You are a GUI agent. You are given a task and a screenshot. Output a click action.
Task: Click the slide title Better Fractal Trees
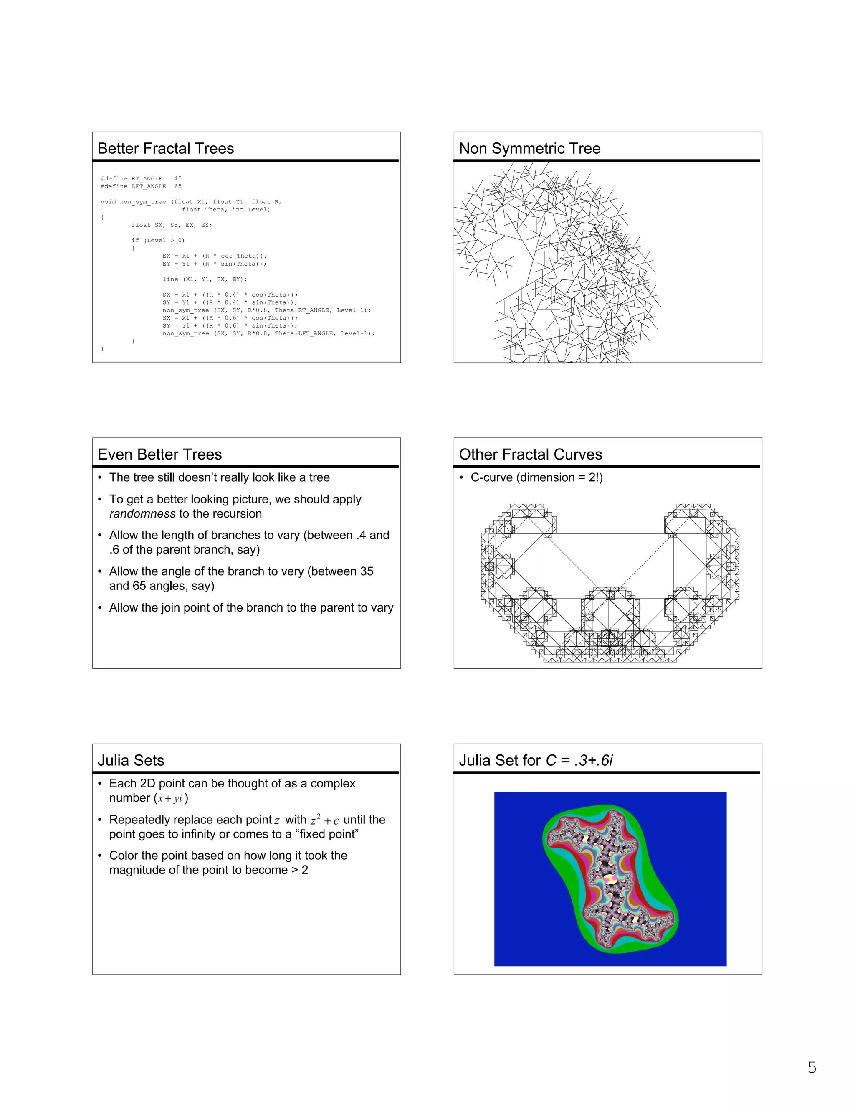click(166, 149)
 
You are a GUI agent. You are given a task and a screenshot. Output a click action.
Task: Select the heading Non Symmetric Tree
click(529, 149)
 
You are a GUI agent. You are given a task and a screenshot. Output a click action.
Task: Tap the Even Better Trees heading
click(159, 454)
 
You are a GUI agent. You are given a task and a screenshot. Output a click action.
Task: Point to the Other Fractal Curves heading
click(530, 454)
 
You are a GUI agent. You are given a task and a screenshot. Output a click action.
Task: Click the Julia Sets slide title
click(131, 760)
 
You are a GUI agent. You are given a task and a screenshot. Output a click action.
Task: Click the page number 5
click(812, 1068)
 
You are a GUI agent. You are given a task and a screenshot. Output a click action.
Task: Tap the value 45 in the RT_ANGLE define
click(178, 178)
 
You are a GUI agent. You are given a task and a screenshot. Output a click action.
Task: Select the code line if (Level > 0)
click(158, 240)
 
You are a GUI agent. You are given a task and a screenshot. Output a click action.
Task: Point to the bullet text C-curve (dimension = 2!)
click(536, 477)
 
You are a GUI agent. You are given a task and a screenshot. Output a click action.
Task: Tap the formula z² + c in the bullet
click(324, 820)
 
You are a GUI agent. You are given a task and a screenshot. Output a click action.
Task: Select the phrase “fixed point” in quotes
click(327, 834)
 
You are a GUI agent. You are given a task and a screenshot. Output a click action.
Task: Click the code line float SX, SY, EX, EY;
click(172, 225)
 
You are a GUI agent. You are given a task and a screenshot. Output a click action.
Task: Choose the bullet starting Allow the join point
click(251, 608)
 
